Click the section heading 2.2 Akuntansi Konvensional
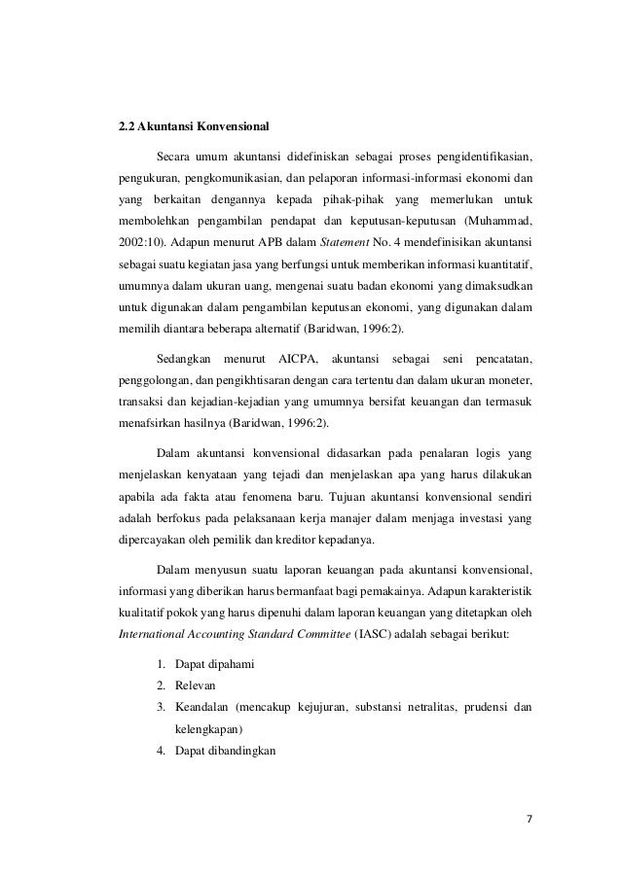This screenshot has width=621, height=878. pos(186,126)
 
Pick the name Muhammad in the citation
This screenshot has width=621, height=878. pos(498,219)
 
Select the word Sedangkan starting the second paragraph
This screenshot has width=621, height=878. pos(182,349)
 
